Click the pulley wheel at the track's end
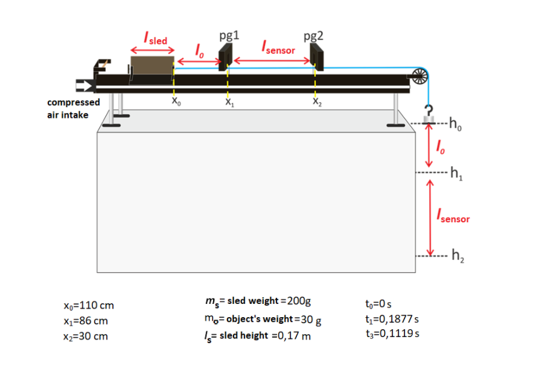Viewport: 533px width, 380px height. [x=419, y=76]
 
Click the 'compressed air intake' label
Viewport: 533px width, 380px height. [x=74, y=109]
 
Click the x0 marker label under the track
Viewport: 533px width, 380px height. [x=175, y=103]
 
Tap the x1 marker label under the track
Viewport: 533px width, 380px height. [x=229, y=103]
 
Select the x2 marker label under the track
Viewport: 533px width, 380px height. [x=317, y=103]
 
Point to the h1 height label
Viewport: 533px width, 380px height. [x=458, y=176]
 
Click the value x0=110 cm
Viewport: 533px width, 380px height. [x=88, y=306]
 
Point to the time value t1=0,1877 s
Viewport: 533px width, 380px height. [x=392, y=318]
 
